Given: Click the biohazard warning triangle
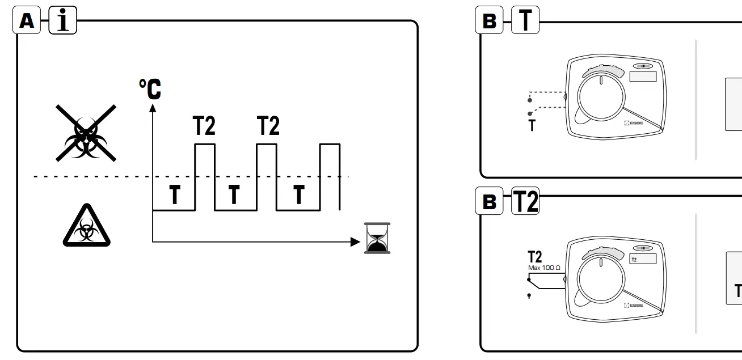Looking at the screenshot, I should click(86, 226).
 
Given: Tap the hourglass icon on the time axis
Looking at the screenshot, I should click(374, 238).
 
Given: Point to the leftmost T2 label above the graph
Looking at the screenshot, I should click(204, 126).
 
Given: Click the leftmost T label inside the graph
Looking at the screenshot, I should click(175, 195).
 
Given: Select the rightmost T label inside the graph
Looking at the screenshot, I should click(298, 195).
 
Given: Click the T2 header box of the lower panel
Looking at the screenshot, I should click(525, 201).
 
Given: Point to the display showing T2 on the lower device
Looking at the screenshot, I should click(642, 259).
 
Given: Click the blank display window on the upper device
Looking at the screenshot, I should click(642, 77).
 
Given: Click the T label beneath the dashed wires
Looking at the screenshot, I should click(532, 126).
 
